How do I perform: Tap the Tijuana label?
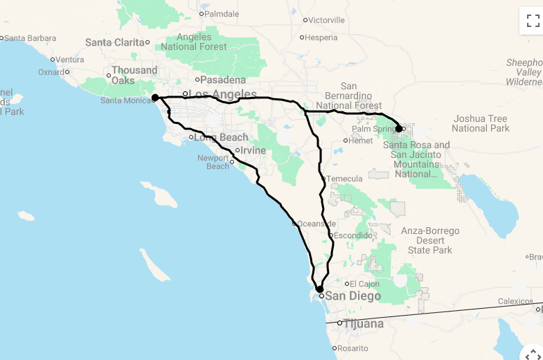pyautogui.click(x=368, y=323)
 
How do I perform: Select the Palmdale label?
pyautogui.click(x=222, y=13)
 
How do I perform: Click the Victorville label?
pyautogui.click(x=326, y=20)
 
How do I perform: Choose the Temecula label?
pyautogui.click(x=344, y=179)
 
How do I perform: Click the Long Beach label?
pyautogui.click(x=222, y=137)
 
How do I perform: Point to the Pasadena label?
pyautogui.click(x=223, y=80)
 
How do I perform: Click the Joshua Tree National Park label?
pyautogui.click(x=480, y=123)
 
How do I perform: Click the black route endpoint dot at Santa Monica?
pyautogui.click(x=155, y=98)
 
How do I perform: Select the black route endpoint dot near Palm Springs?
pyautogui.click(x=399, y=128)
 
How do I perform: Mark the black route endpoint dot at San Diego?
pyautogui.click(x=319, y=289)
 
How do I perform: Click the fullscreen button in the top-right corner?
pyautogui.click(x=532, y=21)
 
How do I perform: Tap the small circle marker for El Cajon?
pyautogui.click(x=346, y=283)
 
